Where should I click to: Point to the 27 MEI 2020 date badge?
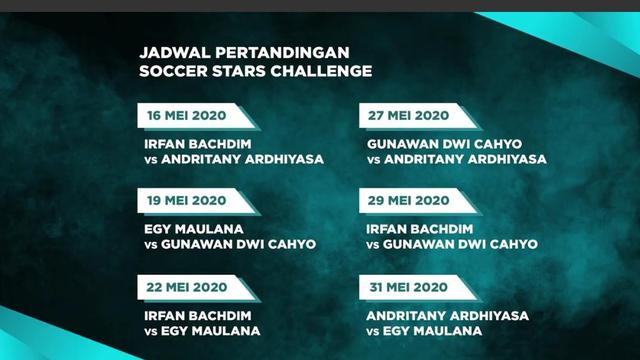409,115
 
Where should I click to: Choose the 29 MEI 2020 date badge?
409,201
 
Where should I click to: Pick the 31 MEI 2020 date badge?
409,287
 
